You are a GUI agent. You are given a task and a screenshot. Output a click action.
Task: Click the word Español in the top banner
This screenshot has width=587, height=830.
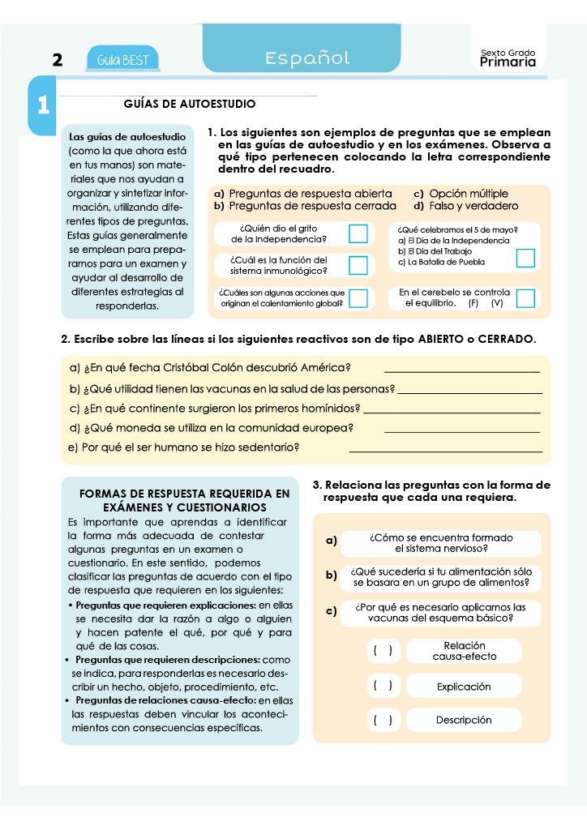pos(307,58)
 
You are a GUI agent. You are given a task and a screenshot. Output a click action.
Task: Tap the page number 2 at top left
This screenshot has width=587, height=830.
pos(57,60)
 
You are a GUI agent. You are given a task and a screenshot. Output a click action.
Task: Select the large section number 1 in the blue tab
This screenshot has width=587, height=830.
pos(43,105)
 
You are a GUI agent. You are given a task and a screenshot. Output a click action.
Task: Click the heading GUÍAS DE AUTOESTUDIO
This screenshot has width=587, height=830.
pos(190,104)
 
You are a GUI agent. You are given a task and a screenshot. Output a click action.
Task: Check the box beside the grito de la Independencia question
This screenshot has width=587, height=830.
pos(358,233)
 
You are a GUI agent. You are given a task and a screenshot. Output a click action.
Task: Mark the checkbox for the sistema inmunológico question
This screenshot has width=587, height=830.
pos(358,265)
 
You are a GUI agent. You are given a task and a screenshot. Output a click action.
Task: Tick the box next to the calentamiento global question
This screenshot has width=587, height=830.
pos(358,297)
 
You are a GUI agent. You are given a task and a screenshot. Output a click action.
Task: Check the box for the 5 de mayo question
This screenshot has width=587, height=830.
pos(525,258)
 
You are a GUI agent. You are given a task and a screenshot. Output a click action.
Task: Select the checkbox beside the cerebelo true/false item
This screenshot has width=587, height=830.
pos(525,297)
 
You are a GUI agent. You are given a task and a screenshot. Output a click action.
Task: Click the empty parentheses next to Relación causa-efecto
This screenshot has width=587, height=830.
pos(383,651)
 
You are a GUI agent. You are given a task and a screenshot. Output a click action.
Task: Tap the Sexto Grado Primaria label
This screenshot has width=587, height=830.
pos(508,58)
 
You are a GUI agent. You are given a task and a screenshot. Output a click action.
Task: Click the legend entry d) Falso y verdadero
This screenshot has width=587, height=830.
pos(465,206)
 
